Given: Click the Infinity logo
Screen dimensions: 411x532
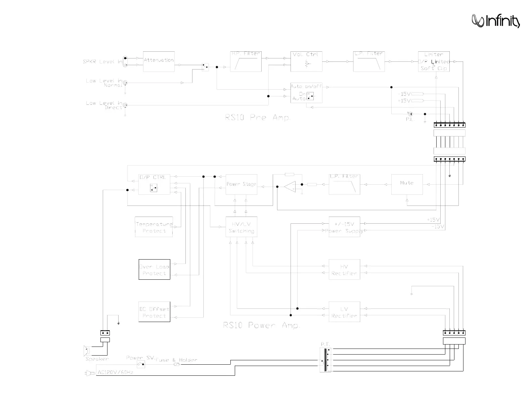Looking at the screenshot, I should [x=496, y=21].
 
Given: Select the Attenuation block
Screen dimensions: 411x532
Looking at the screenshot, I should [x=159, y=61].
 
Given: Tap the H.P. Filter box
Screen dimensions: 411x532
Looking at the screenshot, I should [x=246, y=61].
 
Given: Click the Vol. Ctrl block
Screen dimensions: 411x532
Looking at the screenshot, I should [x=306, y=61].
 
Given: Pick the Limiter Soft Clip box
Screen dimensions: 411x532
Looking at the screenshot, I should [x=434, y=61].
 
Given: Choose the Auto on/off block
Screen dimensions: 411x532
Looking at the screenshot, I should [x=306, y=93].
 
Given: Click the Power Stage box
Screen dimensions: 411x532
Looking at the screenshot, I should [x=241, y=184].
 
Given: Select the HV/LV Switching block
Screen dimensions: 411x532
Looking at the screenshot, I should [x=241, y=227].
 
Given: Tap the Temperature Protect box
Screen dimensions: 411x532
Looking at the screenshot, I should [x=154, y=227].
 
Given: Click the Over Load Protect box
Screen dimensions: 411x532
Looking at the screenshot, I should [x=154, y=269].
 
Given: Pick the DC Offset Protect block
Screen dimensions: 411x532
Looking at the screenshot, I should [x=154, y=312].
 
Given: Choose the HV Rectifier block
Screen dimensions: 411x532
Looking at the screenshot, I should [x=344, y=269].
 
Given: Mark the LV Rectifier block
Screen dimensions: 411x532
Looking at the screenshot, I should [x=344, y=312].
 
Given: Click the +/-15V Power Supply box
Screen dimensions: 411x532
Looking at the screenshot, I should [x=344, y=227].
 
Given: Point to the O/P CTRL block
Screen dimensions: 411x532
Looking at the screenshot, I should [x=154, y=184].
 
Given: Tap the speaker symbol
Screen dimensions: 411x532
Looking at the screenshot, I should [x=87, y=351].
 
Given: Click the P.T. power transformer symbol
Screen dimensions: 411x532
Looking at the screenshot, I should [x=325, y=360].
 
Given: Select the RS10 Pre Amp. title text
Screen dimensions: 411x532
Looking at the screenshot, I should [x=258, y=118].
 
